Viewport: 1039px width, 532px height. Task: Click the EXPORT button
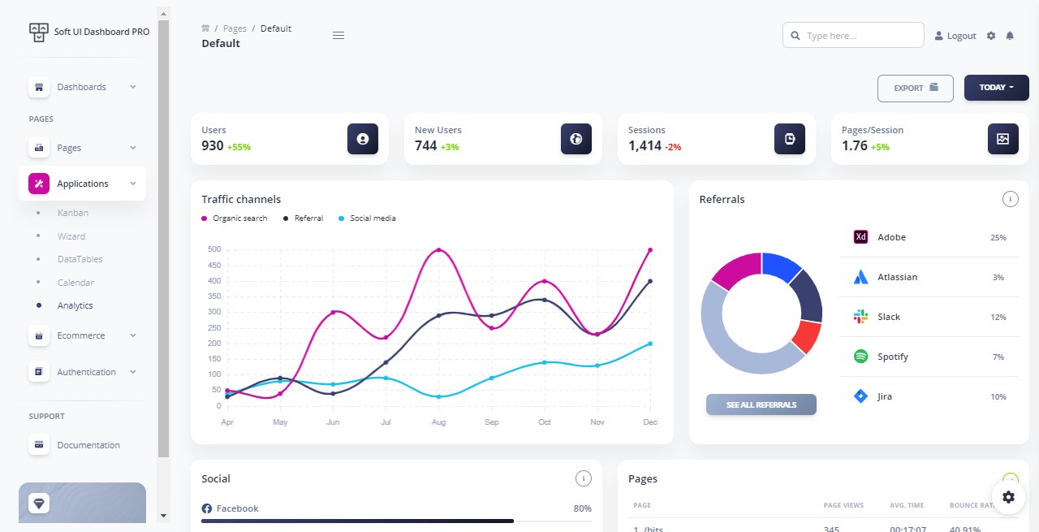915,89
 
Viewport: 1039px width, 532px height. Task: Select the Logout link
955,36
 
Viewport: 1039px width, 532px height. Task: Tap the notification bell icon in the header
1010,36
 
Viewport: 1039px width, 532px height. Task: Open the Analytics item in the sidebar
75,306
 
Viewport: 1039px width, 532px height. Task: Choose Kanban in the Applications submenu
72,213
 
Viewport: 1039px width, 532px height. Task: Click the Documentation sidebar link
88,445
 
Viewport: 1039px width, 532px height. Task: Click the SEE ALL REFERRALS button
761,404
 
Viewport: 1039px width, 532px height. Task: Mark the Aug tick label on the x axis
438,422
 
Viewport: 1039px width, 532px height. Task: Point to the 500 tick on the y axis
213,249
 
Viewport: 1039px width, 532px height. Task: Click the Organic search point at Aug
439,250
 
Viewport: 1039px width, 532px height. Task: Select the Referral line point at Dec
650,281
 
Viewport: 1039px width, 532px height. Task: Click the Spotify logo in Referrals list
860,357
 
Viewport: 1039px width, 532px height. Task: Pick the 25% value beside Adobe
998,238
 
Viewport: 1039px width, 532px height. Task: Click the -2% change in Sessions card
673,147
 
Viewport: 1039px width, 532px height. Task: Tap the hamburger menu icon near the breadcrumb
338,35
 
